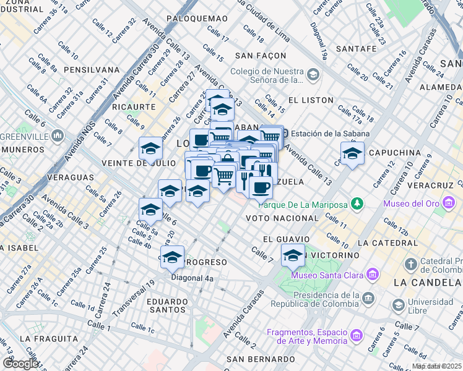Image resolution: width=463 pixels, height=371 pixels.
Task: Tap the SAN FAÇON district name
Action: [x=259, y=56]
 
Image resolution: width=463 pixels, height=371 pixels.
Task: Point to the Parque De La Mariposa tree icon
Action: [x=357, y=204]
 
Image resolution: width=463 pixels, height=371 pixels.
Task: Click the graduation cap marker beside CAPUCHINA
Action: [x=352, y=153]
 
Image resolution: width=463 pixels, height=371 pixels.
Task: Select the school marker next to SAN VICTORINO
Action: [x=293, y=254]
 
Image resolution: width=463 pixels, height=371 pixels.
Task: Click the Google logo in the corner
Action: [x=20, y=364]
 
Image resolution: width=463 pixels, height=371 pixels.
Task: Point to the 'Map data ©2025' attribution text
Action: [x=436, y=366]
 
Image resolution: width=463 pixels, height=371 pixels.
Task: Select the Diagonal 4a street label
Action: [x=192, y=278]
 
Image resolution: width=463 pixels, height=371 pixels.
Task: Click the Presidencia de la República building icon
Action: [x=368, y=298]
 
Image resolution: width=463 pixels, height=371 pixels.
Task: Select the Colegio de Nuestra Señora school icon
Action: [x=313, y=75]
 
